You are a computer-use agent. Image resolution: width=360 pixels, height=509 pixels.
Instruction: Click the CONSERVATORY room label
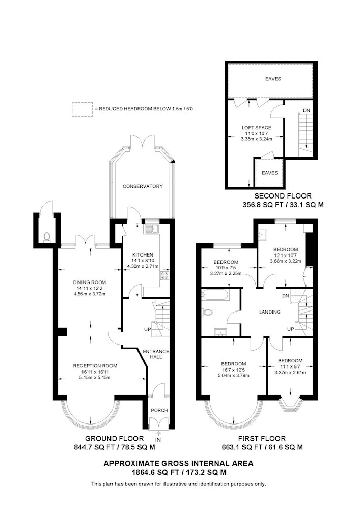pyautogui.click(x=143, y=186)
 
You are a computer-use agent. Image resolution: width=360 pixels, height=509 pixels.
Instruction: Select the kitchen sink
pyautogui.click(x=151, y=229)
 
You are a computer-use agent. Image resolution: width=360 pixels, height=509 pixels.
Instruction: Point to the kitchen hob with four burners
pyautogui.click(x=165, y=276)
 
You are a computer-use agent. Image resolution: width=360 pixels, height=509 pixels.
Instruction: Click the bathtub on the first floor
pyautogui.click(x=215, y=295)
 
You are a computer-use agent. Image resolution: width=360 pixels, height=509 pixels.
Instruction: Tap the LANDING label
pyautogui.click(x=269, y=312)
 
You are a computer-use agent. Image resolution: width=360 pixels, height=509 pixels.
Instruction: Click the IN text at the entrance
pyautogui.click(x=158, y=440)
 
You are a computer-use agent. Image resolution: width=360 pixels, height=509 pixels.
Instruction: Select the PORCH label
pyautogui.click(x=159, y=410)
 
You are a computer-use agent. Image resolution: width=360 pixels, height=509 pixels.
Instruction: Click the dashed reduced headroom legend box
pyautogui.click(x=82, y=109)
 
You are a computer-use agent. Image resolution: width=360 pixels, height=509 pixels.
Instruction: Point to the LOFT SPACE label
pyautogui.click(x=257, y=128)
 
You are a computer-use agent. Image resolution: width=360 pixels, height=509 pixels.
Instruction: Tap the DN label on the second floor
pyautogui.click(x=307, y=110)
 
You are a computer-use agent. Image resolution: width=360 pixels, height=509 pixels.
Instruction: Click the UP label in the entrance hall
pyautogui.click(x=148, y=329)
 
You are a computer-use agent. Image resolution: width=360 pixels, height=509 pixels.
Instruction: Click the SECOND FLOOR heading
pyautogui.click(x=283, y=196)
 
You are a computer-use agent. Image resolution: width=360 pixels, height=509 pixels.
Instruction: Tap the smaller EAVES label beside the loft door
pyautogui.click(x=270, y=173)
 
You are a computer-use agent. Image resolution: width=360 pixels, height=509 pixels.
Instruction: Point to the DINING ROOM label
pyautogui.click(x=89, y=282)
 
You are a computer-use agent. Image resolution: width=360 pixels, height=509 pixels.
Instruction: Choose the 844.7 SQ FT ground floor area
pyautogui.click(x=95, y=447)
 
